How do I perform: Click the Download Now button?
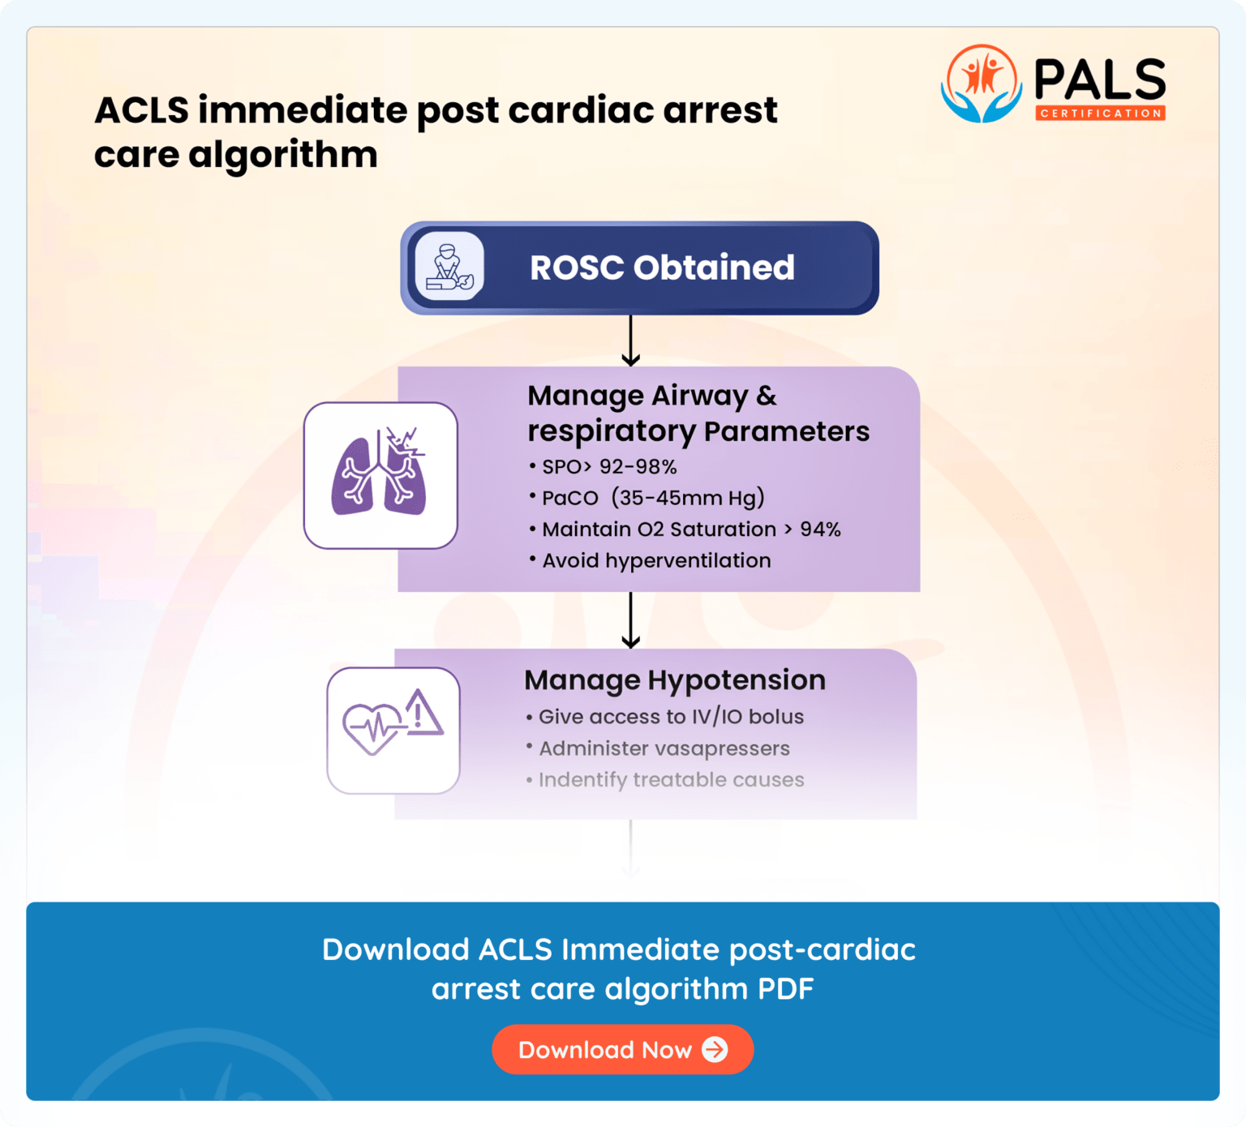(x=622, y=1049)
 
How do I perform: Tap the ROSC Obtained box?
(x=639, y=268)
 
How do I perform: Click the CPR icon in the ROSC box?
(x=449, y=267)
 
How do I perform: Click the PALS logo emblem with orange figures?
(x=982, y=84)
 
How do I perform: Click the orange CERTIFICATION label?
(x=1100, y=114)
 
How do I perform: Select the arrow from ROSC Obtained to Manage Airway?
(x=631, y=341)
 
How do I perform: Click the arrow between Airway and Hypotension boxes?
(x=631, y=620)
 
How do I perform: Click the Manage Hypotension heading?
(x=675, y=680)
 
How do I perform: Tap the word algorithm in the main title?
(x=283, y=155)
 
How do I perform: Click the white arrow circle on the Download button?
(x=715, y=1049)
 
